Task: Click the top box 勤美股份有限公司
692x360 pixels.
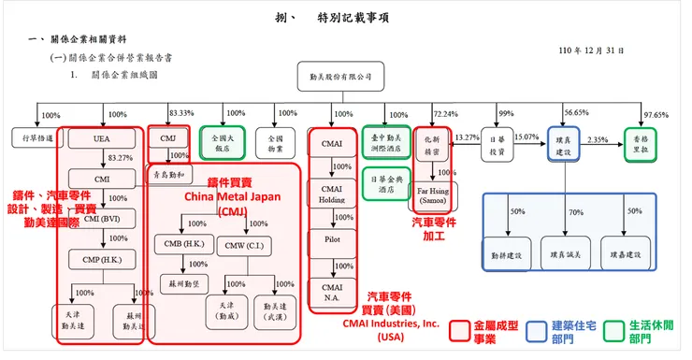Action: click(340, 76)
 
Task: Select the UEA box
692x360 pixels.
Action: click(102, 139)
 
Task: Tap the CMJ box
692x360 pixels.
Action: click(168, 139)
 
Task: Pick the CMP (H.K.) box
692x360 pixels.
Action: click(102, 259)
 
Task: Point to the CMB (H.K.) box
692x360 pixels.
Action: click(181, 246)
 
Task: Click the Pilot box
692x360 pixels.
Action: click(332, 239)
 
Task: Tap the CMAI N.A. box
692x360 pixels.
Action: click(332, 291)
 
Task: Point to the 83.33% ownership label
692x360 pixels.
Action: click(182, 113)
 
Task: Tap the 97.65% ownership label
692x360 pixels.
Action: click(657, 115)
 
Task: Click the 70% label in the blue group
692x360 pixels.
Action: click(575, 212)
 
